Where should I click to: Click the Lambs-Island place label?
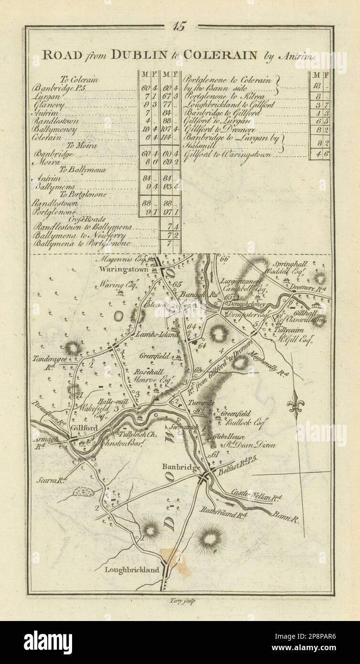(152, 335)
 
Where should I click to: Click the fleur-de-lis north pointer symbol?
(295, 406)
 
